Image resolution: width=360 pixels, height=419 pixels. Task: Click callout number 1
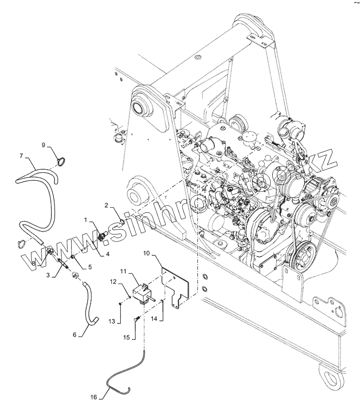click(85, 218)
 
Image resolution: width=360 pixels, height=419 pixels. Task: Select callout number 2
click(106, 204)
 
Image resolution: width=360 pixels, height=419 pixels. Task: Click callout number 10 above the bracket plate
click(146, 253)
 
